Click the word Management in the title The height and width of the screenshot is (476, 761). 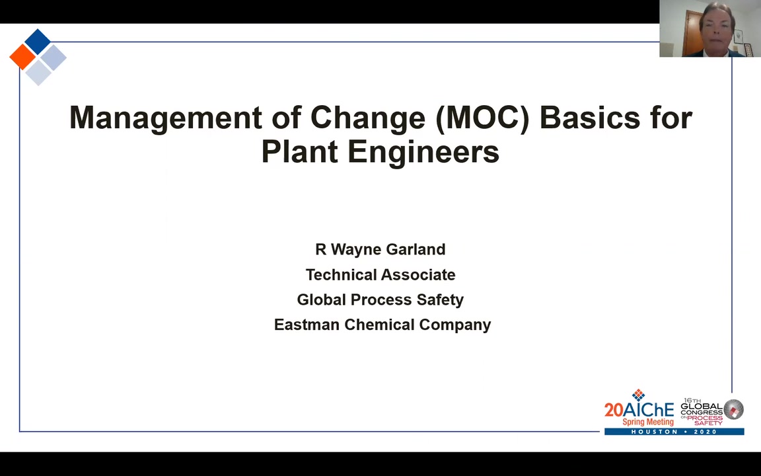coord(166,118)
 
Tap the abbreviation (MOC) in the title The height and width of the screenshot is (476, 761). coord(482,118)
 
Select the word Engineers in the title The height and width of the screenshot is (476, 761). coord(423,151)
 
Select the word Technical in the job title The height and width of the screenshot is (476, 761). coord(338,274)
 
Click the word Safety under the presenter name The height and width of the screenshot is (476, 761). coord(440,299)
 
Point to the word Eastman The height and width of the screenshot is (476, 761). coord(307,325)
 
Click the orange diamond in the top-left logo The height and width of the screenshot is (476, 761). coord(22,57)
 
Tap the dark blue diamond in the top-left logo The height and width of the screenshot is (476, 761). coord(38,42)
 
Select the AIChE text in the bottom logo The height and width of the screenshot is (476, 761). coord(649,409)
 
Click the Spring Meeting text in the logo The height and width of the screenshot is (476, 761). coord(648,422)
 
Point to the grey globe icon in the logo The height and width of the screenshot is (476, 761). coord(733,409)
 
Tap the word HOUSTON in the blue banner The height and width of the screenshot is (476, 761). coord(654,432)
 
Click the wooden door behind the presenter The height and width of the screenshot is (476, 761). coord(691,33)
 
